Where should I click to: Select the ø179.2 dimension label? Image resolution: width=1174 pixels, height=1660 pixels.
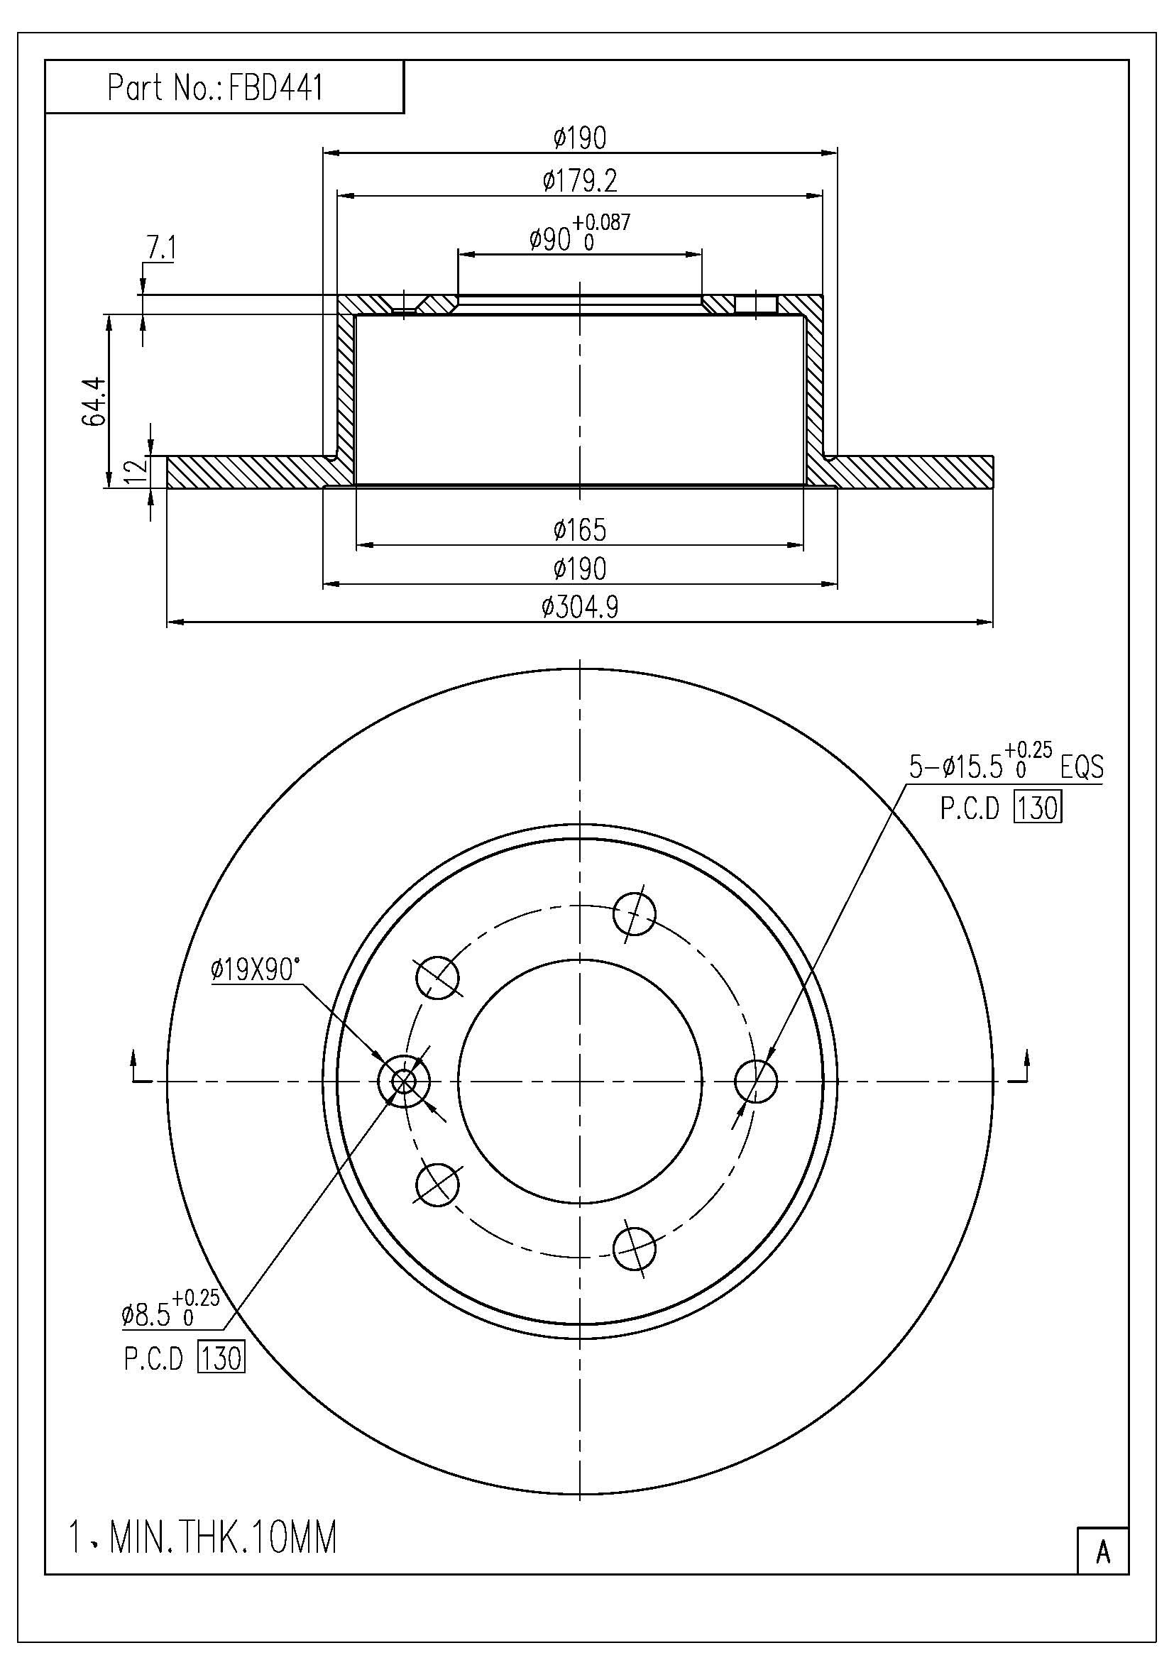[581, 181]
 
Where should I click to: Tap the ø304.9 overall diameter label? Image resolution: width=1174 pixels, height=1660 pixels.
[581, 608]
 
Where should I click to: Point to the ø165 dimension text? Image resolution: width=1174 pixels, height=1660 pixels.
[581, 530]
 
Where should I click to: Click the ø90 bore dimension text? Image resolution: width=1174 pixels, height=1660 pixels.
[551, 239]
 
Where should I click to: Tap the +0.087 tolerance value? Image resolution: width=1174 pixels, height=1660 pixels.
[601, 221]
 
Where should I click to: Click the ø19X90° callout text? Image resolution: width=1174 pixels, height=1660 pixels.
[255, 969]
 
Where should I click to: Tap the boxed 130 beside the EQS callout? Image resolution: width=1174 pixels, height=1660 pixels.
[1038, 808]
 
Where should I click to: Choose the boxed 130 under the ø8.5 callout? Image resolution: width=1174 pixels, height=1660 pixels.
[222, 1358]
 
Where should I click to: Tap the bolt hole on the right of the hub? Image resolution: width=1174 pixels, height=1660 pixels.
[755, 1082]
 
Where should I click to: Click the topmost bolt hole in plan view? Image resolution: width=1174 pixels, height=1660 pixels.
[634, 914]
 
